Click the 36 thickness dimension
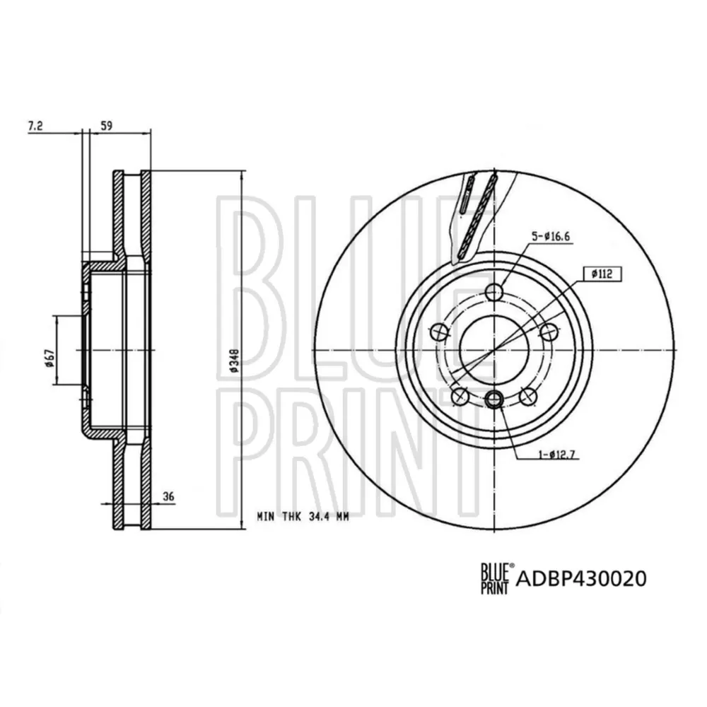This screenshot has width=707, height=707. coord(168,497)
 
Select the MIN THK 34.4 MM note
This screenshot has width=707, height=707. coord(303,517)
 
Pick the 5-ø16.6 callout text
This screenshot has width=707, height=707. coord(550,236)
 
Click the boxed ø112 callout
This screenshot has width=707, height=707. coord(602,273)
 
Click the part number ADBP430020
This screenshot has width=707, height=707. coord(581,578)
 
